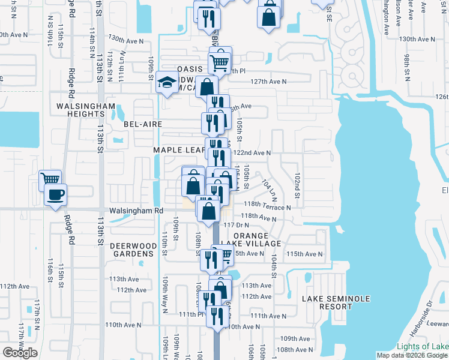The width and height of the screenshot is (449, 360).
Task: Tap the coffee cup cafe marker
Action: pos(56,195)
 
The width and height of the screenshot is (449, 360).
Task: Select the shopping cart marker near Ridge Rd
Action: pos(50,179)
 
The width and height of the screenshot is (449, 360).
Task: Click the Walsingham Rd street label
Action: pos(136,211)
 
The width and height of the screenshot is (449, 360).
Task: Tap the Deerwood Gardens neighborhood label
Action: pos(133,250)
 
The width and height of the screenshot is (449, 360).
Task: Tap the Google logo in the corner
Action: pos(20,353)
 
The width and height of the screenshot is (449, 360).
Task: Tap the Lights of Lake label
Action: pos(422,347)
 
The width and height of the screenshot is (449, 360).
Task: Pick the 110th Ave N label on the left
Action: pos(123,325)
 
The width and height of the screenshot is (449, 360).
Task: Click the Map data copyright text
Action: pos(412,355)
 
